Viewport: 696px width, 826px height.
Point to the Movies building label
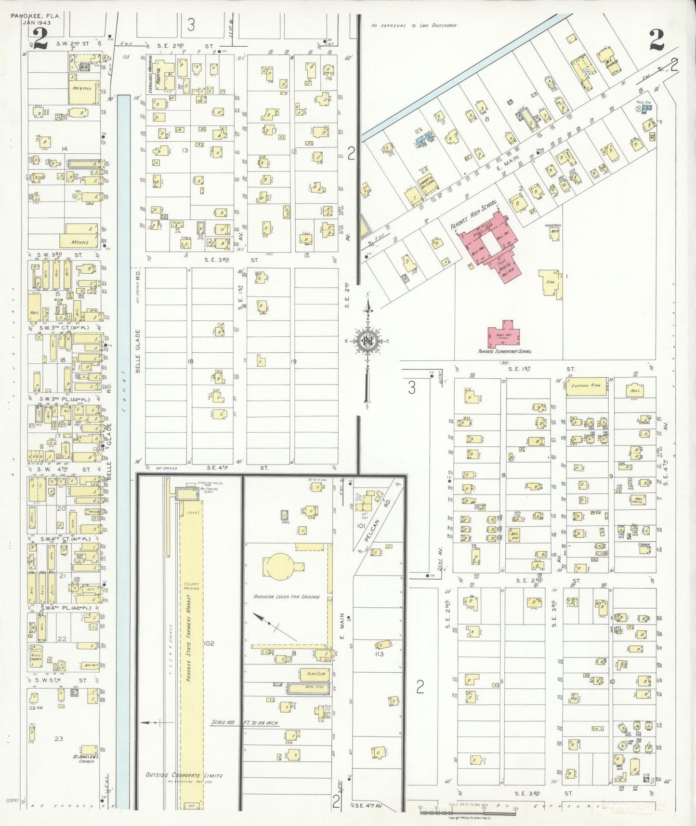(x=79, y=242)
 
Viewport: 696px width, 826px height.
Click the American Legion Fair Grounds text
(x=287, y=597)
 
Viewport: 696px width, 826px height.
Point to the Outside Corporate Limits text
(x=184, y=775)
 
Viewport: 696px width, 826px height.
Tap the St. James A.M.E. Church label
(x=87, y=759)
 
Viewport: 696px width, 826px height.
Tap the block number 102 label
(x=209, y=643)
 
